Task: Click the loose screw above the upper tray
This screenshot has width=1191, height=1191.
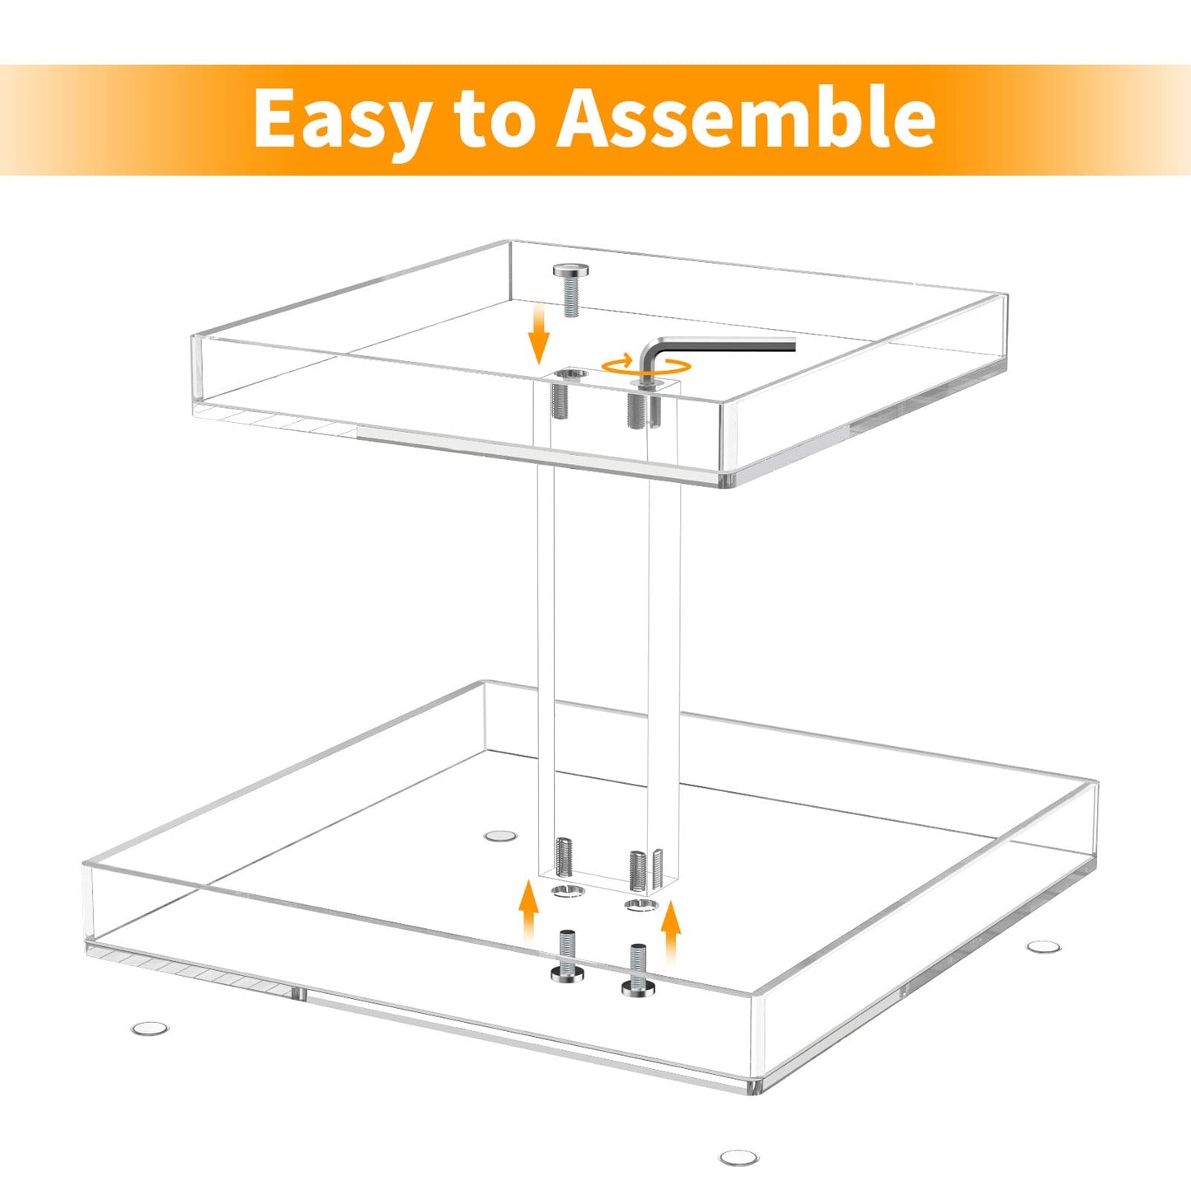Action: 569,289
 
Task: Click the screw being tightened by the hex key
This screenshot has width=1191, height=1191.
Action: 640,405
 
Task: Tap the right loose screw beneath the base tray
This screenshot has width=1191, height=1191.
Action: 638,970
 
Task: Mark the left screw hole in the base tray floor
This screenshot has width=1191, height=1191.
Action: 566,892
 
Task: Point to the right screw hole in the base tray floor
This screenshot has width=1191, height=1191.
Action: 640,906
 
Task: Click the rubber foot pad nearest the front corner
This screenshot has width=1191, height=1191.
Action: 739,1158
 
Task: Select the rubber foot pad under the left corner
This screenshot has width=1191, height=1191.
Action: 150,1028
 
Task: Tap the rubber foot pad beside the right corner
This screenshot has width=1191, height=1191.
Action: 1043,946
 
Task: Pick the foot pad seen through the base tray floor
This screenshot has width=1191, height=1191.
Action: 499,836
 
